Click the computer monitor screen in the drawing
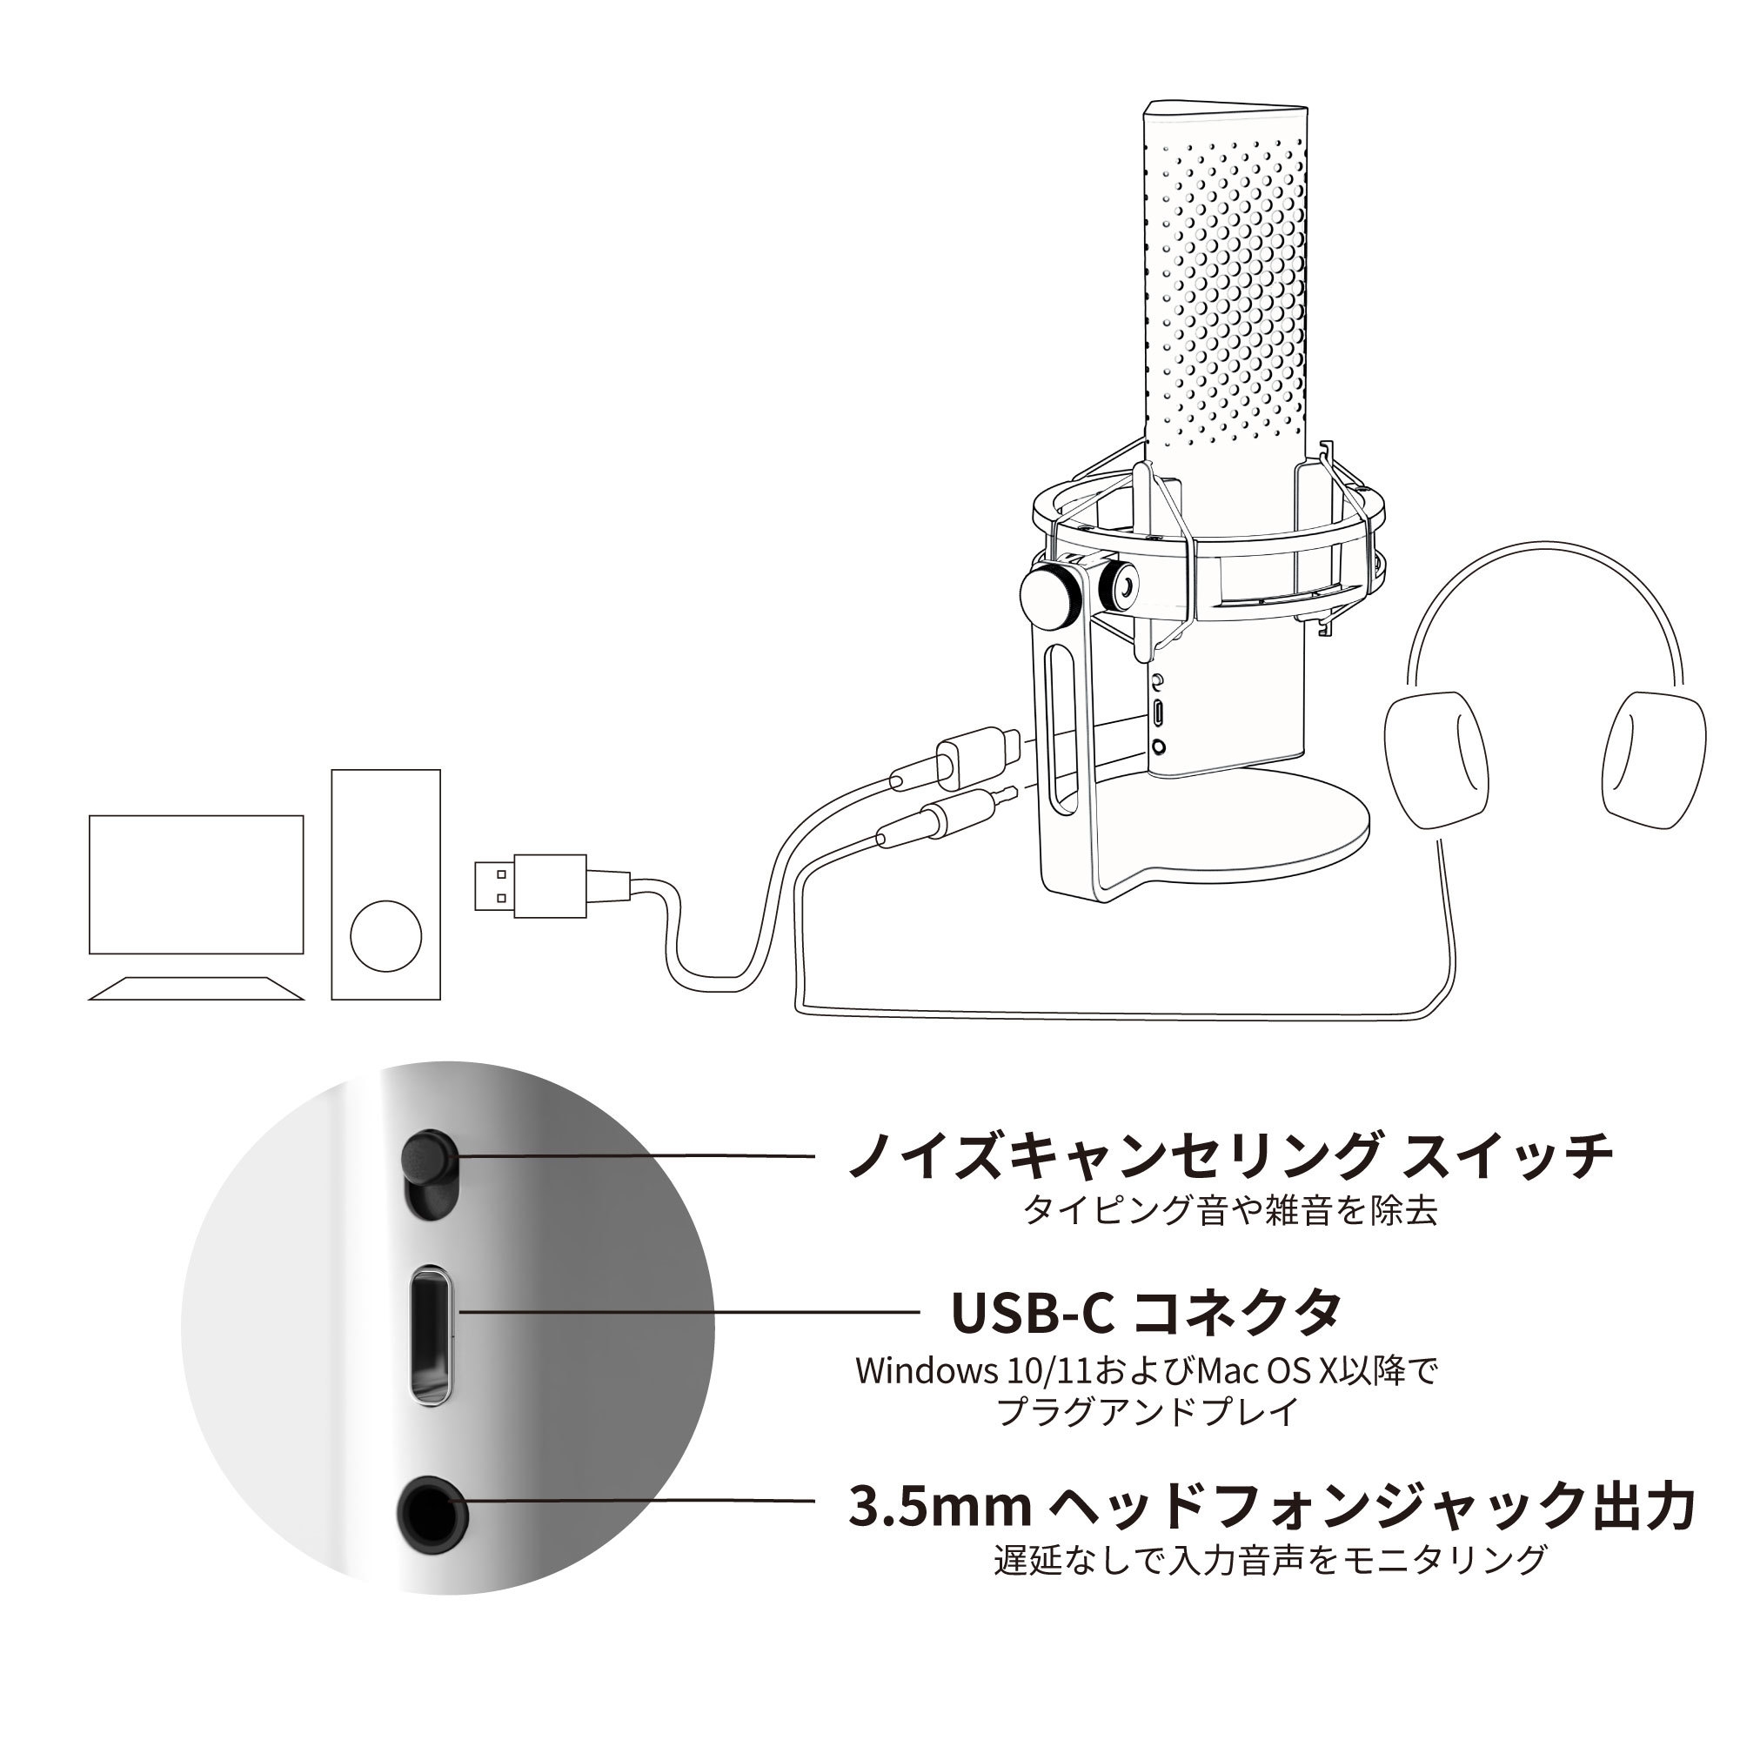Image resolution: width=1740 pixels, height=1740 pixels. pyautogui.click(x=197, y=885)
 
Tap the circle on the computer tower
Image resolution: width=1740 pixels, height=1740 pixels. pyautogui.click(x=385, y=935)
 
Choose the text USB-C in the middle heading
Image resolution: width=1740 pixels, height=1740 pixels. pyautogui.click(x=1033, y=1312)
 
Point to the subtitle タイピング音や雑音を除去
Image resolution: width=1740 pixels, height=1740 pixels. pyautogui.click(x=1230, y=1209)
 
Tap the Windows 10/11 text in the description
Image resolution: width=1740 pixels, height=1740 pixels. pyautogui.click(x=973, y=1370)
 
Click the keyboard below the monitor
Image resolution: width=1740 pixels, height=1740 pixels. pyautogui.click(x=197, y=989)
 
